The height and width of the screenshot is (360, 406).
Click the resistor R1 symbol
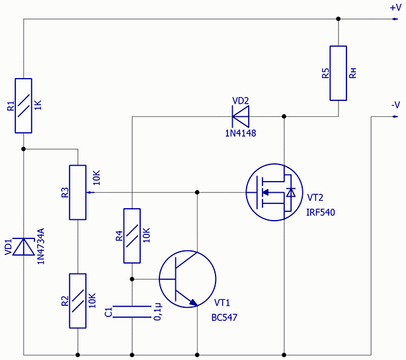23,105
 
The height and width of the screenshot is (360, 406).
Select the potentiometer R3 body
77,192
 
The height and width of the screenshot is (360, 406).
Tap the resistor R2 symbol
77,301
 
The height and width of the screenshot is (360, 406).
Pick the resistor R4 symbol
132,235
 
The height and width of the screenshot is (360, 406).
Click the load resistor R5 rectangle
339,73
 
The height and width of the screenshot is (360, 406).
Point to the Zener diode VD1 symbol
23,246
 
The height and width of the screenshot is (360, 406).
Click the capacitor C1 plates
132,312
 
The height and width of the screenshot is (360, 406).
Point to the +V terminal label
394,8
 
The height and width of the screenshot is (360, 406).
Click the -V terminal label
395,105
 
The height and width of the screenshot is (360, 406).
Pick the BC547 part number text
224,318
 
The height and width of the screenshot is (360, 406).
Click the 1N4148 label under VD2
240,133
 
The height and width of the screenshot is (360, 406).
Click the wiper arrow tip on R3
89,192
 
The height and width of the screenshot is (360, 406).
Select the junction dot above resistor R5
339,19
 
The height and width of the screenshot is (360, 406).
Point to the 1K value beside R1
38,106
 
